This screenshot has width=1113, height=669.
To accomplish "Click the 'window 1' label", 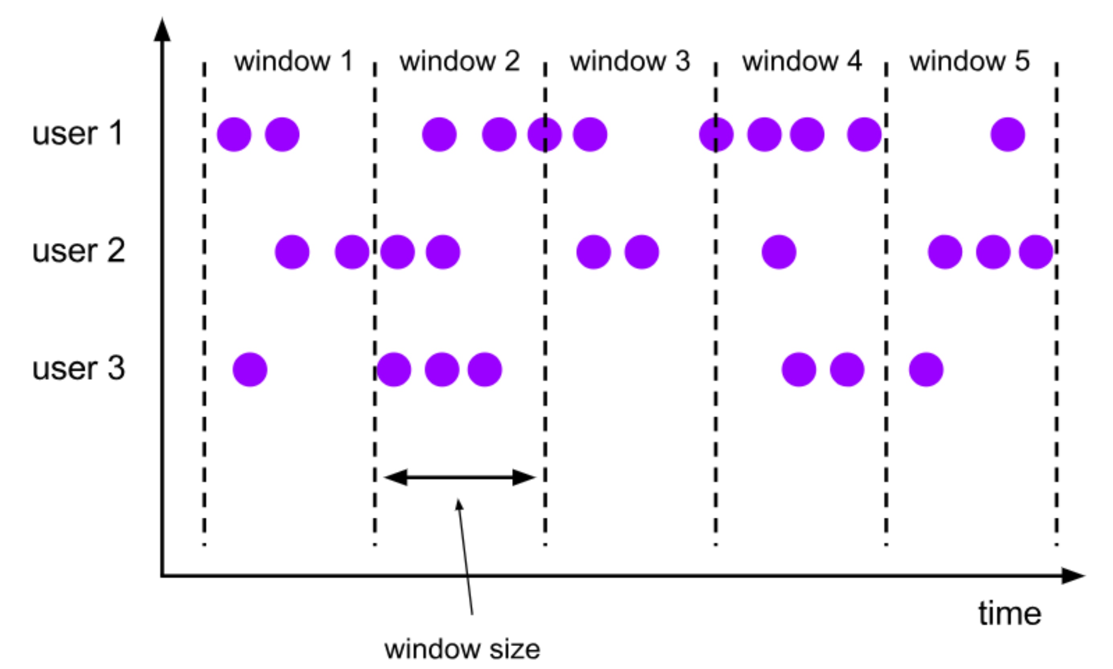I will [x=293, y=61].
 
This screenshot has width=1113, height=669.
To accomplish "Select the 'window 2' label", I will [x=460, y=61].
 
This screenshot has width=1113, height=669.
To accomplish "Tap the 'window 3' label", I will [x=630, y=61].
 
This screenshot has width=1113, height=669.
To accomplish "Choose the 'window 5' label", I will [x=969, y=61].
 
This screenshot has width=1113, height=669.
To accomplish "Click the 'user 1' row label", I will [x=78, y=133].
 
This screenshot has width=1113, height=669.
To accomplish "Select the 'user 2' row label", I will [x=78, y=251].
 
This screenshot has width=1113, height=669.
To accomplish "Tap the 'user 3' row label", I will [x=78, y=368].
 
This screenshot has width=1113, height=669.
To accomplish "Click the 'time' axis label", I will [x=1010, y=614].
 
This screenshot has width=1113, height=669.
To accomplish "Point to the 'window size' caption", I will [x=462, y=650].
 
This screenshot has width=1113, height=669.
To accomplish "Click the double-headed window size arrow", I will [x=460, y=477].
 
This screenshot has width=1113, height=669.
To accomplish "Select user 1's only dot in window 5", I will [x=1007, y=135].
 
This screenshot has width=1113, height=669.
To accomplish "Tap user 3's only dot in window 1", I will [x=250, y=369].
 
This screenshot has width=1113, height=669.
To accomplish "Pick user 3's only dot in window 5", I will [x=926, y=369].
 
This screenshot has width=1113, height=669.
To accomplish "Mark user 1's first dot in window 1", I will [x=234, y=135].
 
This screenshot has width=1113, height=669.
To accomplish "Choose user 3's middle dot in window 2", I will [x=442, y=369].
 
